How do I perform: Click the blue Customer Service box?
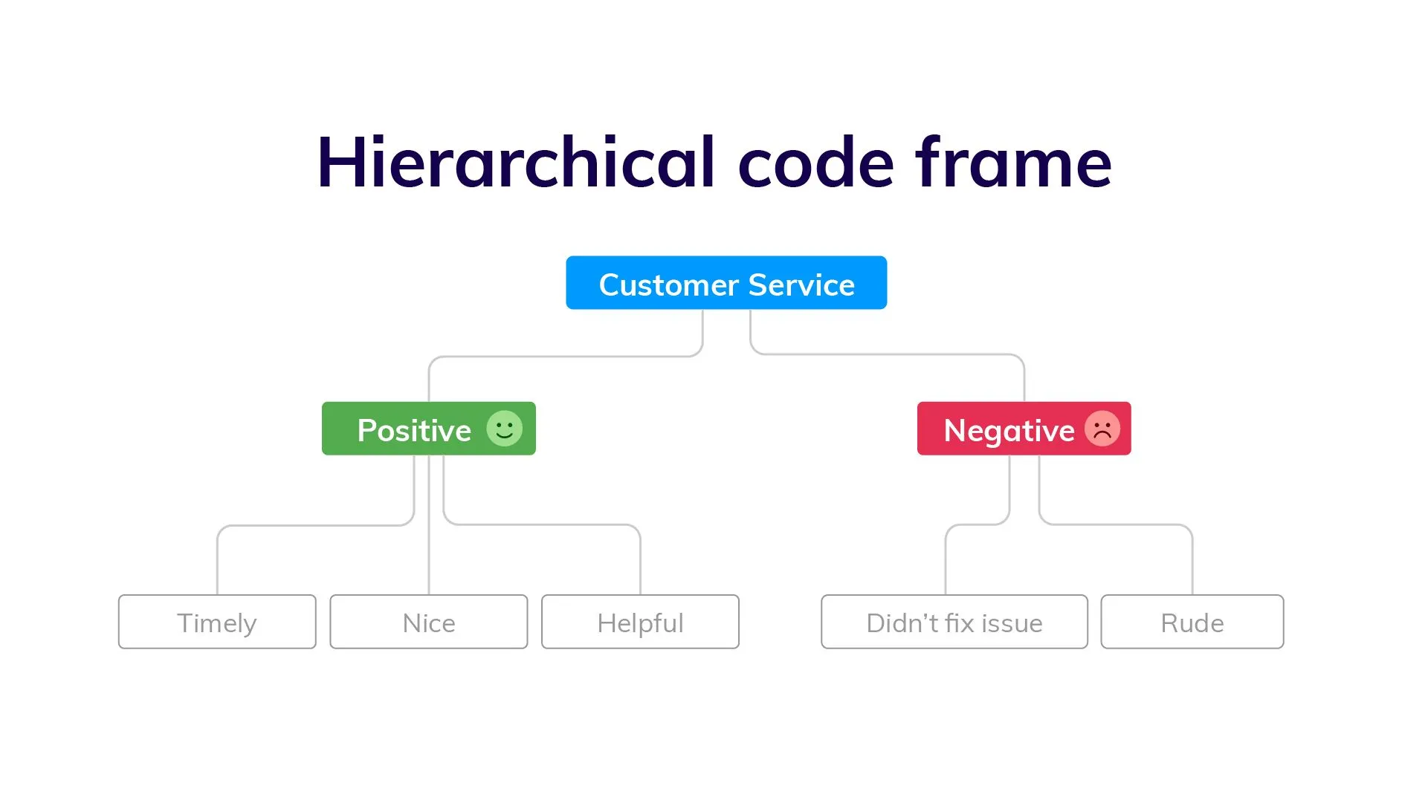click(x=726, y=283)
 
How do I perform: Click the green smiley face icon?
click(x=504, y=429)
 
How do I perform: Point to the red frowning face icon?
click(x=1102, y=429)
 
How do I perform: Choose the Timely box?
click(x=217, y=622)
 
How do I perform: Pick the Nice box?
click(x=429, y=622)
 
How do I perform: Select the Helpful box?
click(x=640, y=622)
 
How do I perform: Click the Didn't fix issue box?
click(x=954, y=622)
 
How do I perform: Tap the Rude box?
click(x=1192, y=622)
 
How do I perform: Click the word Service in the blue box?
click(x=801, y=285)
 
